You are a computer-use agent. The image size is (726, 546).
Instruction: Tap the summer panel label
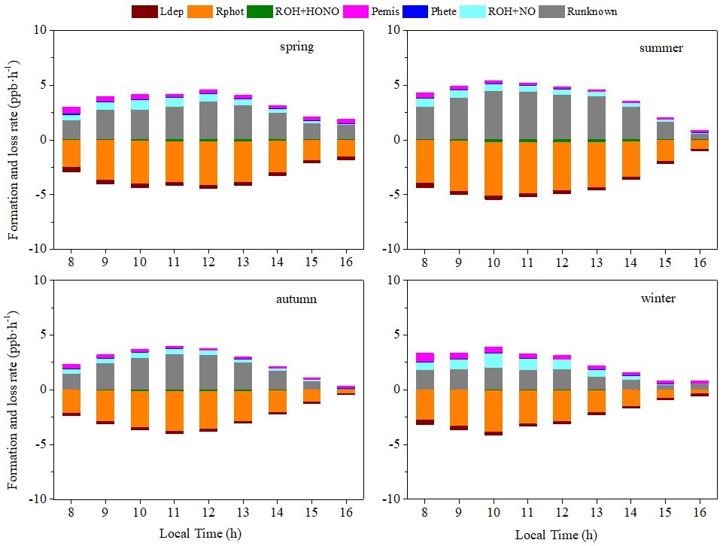(661, 48)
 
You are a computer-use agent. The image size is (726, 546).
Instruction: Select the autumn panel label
(296, 299)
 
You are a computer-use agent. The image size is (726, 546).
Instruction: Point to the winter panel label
(658, 299)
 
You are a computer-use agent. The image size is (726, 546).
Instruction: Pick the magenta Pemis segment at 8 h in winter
(425, 357)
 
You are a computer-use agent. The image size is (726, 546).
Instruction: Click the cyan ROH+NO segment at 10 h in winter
(494, 360)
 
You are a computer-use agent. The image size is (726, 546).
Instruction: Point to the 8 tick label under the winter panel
(425, 511)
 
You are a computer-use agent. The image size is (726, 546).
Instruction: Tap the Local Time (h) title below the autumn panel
(200, 534)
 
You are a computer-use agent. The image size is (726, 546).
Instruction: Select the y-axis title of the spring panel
(14, 140)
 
